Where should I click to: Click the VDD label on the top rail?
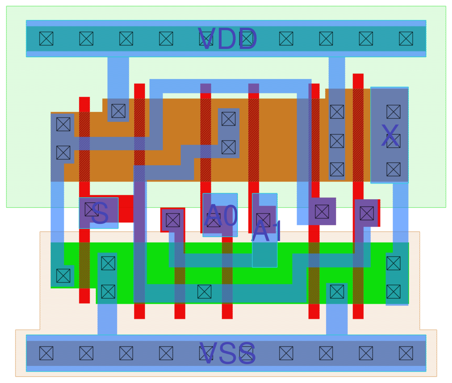227,39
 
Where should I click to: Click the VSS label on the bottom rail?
227,353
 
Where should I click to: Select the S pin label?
100,213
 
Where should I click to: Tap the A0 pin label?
221,215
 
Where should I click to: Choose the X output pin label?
390,136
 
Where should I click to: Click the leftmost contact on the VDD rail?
46,39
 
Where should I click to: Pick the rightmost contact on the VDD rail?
406,39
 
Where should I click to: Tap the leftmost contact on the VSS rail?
46,353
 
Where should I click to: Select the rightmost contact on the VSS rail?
406,353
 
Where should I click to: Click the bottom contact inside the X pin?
394,169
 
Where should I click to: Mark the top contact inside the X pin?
394,112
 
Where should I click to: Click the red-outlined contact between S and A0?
173,220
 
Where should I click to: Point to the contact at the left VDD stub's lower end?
118,111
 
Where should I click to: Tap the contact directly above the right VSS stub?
337,292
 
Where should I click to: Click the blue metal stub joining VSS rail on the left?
107,319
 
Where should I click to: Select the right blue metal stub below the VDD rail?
337,72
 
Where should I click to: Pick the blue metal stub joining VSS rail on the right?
337,319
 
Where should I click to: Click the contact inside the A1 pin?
263,220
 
